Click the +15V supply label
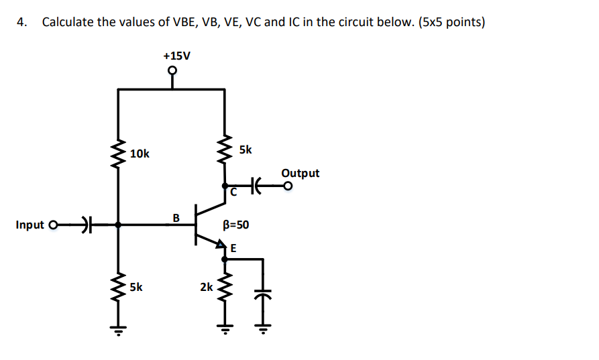click(176, 55)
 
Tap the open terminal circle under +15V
click(172, 70)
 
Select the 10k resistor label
click(140, 154)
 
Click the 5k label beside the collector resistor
click(246, 149)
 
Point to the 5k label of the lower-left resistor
click(136, 287)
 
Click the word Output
click(300, 173)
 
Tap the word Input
click(30, 225)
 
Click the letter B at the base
click(176, 217)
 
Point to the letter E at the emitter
click(233, 248)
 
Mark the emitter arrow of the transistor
click(219, 246)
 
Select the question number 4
click(22, 22)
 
